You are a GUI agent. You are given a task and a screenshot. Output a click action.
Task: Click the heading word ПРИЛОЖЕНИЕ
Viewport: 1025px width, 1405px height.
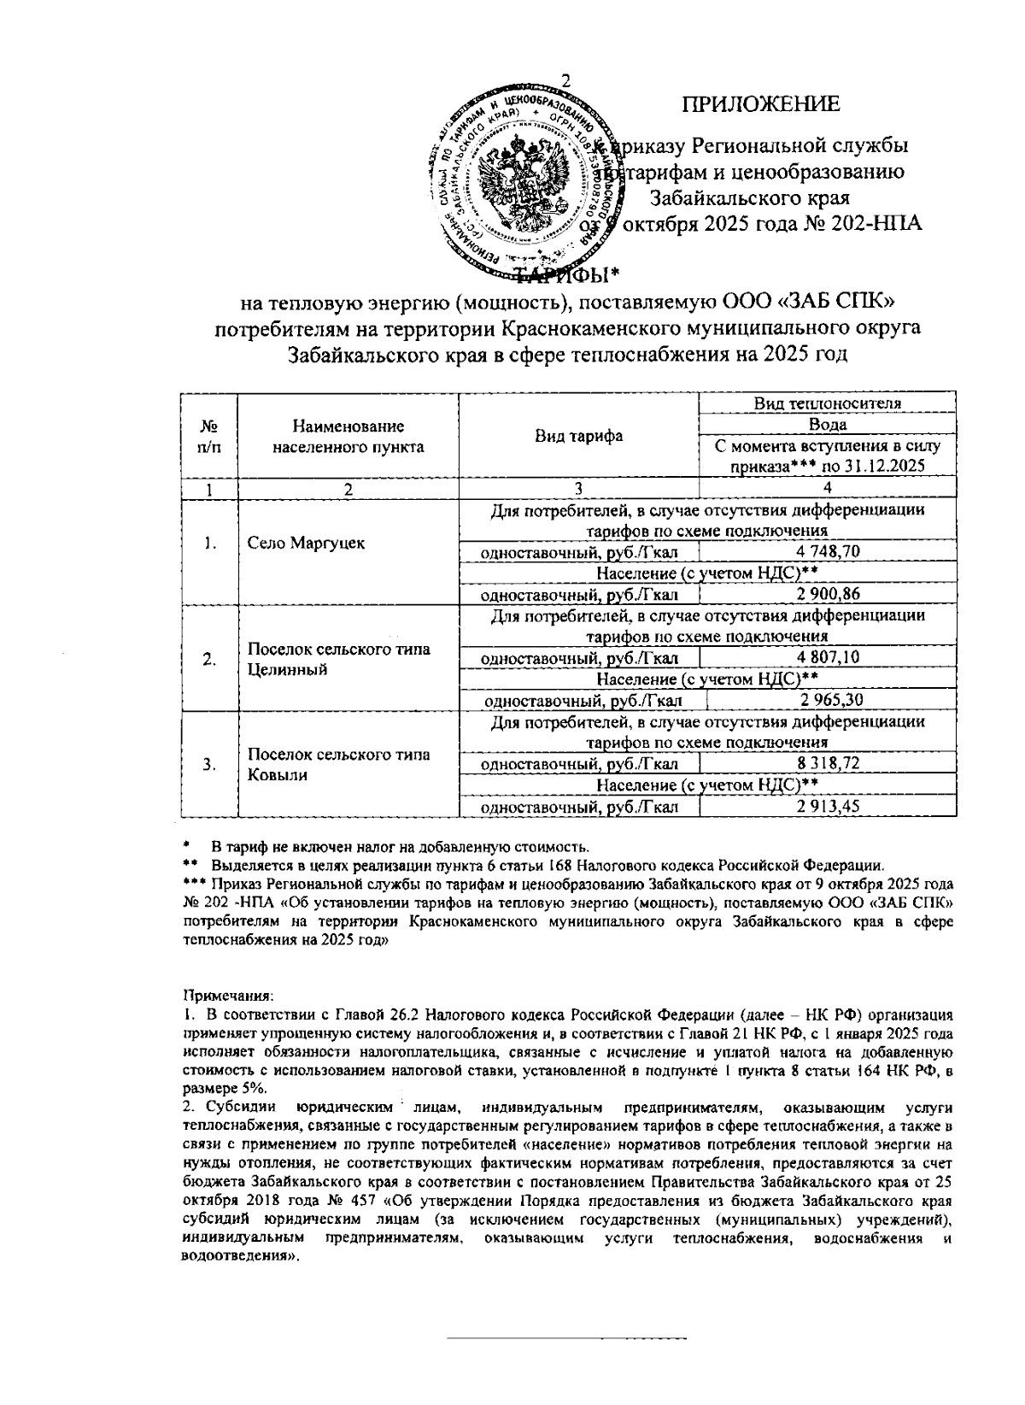pyautogui.click(x=760, y=104)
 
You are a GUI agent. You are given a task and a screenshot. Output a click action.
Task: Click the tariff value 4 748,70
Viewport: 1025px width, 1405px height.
pyautogui.click(x=827, y=553)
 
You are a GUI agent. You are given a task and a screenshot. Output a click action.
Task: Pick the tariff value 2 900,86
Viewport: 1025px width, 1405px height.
pyautogui.click(x=827, y=595)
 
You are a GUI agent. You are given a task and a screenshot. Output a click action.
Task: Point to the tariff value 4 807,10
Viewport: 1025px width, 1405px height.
pyautogui.click(x=827, y=658)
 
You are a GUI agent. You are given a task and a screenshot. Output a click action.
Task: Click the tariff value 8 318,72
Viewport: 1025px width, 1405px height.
pyautogui.click(x=827, y=764)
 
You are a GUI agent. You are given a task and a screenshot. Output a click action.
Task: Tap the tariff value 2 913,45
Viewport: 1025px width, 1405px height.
pyautogui.click(x=827, y=807)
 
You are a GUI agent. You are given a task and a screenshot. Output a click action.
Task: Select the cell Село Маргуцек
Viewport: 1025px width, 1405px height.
pyautogui.click(x=306, y=544)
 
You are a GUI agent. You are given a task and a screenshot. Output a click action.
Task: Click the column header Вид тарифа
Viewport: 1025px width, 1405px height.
pyautogui.click(x=578, y=436)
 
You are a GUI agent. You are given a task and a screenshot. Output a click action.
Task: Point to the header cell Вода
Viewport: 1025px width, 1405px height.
pyautogui.click(x=827, y=425)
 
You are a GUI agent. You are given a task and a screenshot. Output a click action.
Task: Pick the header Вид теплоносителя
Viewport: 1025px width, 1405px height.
pyautogui.click(x=827, y=403)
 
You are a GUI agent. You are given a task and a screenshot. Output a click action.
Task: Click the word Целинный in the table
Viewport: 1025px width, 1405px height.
pyautogui.click(x=281, y=669)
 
